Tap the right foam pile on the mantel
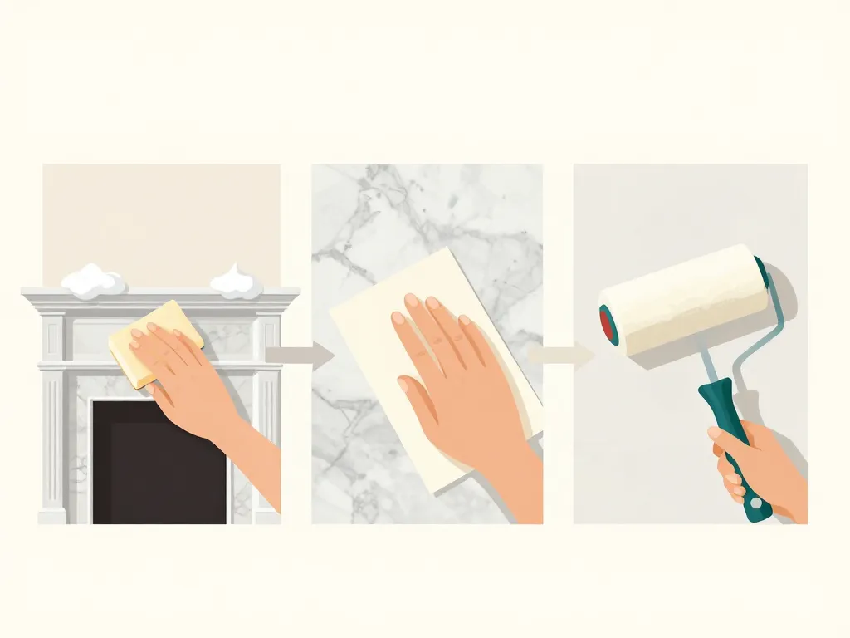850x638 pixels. (237, 282)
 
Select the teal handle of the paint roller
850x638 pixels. (730, 440)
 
